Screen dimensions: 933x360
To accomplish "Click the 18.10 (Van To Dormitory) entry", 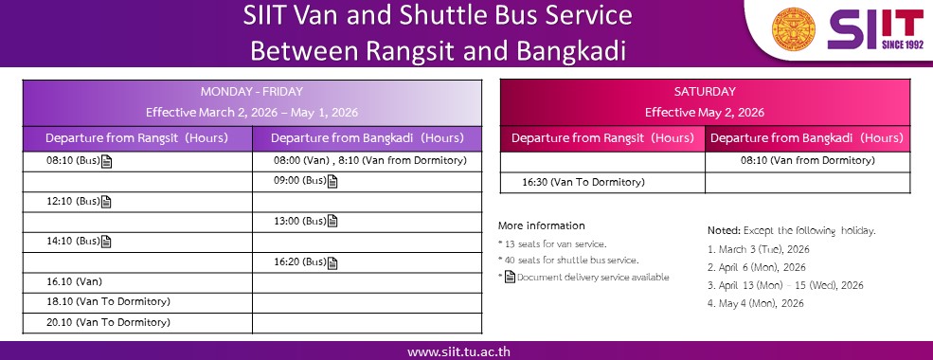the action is [108, 301].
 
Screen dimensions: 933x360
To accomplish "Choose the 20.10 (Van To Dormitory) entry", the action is [108, 322].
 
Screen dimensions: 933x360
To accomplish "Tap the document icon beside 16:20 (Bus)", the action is [332, 262].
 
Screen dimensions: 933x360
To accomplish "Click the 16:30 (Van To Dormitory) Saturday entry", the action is [583, 182].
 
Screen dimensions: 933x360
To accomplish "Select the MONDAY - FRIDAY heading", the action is [252, 92].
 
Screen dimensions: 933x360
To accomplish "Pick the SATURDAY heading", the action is [705, 92].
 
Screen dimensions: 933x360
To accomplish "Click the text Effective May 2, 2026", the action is [705, 113].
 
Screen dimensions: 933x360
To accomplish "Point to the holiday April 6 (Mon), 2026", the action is [757, 267].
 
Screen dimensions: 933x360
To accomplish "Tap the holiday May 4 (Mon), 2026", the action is [756, 303].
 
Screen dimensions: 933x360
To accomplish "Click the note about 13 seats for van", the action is [552, 243].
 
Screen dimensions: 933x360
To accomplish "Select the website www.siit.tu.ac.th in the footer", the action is [458, 351].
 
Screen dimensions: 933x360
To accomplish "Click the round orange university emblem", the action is [793, 29].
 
